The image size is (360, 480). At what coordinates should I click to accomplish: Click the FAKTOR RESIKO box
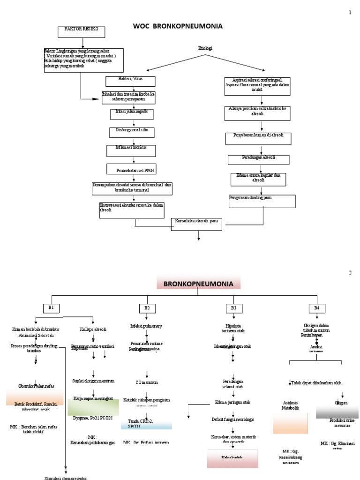click(x=82, y=32)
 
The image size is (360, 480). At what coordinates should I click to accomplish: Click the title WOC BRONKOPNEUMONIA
click(x=178, y=26)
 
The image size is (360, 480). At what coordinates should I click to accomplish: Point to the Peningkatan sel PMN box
click(x=135, y=169)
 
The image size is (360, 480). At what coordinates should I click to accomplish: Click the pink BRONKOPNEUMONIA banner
click(x=198, y=283)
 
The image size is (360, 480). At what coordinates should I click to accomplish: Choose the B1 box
click(x=51, y=307)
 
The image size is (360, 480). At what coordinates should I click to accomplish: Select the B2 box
click(x=147, y=308)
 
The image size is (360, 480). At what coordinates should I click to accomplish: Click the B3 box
click(x=233, y=308)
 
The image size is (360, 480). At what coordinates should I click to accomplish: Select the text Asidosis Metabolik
click(x=290, y=405)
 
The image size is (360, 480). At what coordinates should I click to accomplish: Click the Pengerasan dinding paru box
click(x=262, y=201)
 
